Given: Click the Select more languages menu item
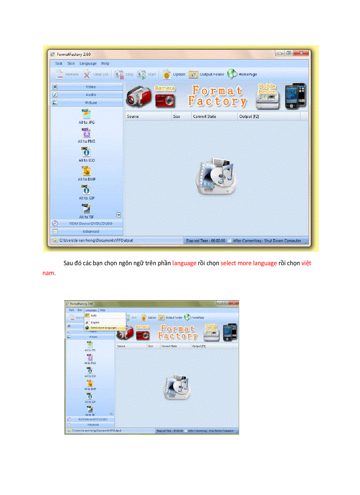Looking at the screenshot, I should coord(103,328).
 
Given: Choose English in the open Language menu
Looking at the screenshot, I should coord(95,323).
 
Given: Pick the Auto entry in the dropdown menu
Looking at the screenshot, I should coord(94,316).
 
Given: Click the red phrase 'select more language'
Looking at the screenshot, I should coord(248,264).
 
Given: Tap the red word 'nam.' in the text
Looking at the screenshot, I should coord(49,273).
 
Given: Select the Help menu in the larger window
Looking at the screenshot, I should coord(105,63).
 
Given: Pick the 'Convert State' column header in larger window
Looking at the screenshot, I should coord(205,116).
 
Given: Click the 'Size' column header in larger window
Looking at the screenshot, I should coord(176,116).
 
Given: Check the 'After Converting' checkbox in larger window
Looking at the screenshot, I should coord(229,241).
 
